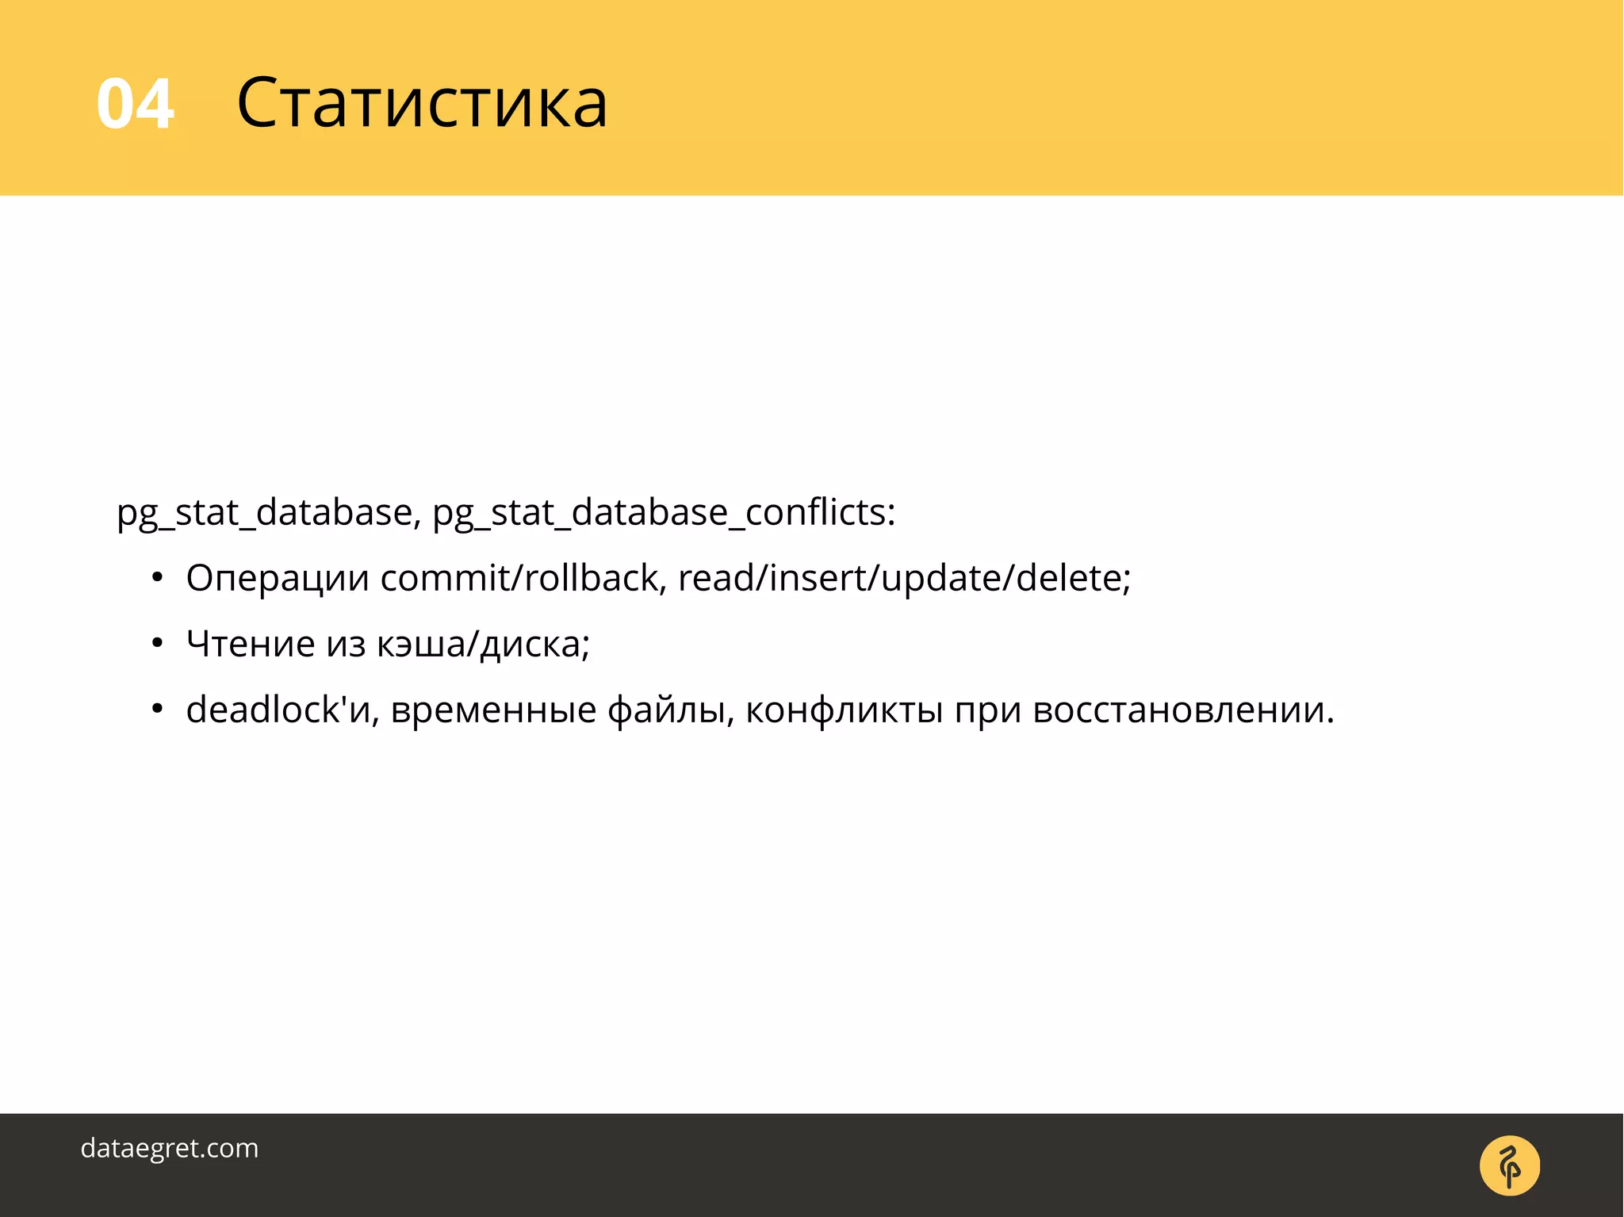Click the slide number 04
click(135, 104)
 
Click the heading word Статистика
click(422, 102)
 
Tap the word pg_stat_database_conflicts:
click(664, 513)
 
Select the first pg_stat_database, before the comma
click(264, 513)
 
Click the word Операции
click(278, 579)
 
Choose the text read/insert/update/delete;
click(904, 578)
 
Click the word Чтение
click(251, 643)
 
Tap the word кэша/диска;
click(484, 645)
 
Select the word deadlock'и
click(278, 710)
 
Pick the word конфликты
click(844, 710)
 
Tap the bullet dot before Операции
click(157, 578)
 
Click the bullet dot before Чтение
click(157, 644)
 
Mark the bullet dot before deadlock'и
click(157, 710)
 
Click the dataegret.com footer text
click(170, 1148)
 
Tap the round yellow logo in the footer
click(1509, 1165)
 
